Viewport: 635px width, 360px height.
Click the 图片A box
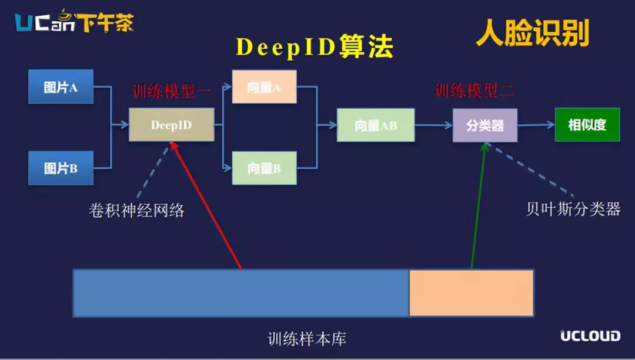[61, 86]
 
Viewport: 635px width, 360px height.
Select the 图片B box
[61, 168]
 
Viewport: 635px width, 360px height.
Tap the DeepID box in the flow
[171, 125]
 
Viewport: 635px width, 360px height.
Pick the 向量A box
[264, 86]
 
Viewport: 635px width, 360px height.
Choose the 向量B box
[264, 168]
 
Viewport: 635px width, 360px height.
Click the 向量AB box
[375, 125]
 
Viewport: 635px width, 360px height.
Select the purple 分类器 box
[484, 125]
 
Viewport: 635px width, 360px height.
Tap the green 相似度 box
[587, 124]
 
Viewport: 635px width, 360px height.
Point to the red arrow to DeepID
[206, 205]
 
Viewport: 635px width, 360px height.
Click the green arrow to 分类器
[478, 206]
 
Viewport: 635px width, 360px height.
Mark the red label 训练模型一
[172, 91]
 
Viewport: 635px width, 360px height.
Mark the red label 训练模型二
[474, 91]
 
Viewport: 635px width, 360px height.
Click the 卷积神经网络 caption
[136, 211]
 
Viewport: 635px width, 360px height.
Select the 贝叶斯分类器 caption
[573, 209]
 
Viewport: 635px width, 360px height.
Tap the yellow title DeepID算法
[314, 46]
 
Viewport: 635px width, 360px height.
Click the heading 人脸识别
[533, 33]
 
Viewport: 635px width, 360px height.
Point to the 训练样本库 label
[306, 339]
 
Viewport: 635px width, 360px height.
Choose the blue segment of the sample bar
[242, 293]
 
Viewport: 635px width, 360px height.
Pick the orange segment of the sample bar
[472, 293]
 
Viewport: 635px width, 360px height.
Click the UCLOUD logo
[590, 336]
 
